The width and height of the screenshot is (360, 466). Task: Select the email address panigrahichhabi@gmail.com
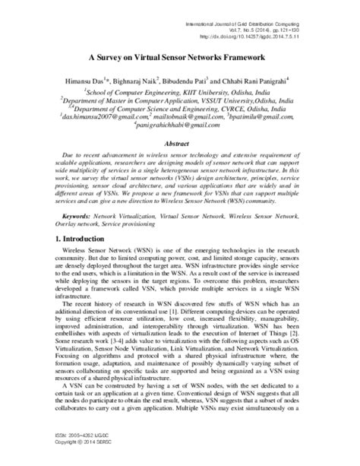(180, 126)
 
